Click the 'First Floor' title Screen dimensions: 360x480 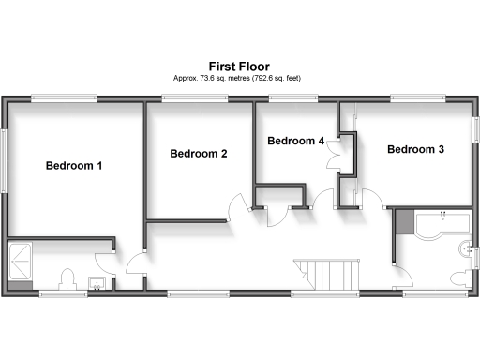point(239,67)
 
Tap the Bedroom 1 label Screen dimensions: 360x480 point(74,166)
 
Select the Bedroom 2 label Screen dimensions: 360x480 point(198,153)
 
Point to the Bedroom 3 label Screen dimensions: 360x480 point(415,149)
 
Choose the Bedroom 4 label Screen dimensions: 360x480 point(296,141)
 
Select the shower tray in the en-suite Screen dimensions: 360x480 point(21,263)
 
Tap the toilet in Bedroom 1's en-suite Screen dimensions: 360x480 point(67,279)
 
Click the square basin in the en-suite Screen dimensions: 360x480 point(96,282)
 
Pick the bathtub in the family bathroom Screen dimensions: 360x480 point(442,222)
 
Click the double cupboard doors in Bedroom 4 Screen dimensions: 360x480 point(334,156)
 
